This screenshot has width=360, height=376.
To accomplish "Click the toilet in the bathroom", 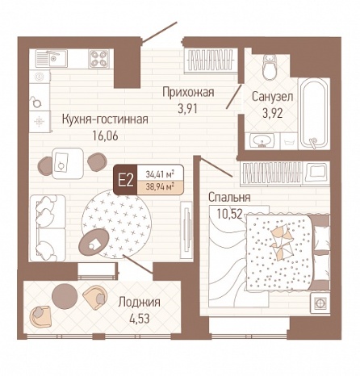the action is click(x=270, y=67).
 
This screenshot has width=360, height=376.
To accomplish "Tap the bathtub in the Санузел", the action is click(x=314, y=113).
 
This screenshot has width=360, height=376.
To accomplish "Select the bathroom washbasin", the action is click(x=262, y=140).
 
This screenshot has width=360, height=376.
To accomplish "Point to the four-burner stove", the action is click(x=98, y=59).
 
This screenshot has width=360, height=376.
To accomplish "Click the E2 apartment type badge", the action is click(x=126, y=180).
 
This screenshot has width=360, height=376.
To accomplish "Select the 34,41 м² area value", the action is click(x=160, y=173).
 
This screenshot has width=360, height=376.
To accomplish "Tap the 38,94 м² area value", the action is click(x=160, y=186).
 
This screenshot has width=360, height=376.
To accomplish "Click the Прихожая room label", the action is click(x=188, y=92).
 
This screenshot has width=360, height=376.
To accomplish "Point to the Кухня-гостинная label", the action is click(x=105, y=119).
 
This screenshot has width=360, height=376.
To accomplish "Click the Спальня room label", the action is click(x=229, y=198).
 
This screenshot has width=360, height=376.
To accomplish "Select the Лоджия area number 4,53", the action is click(x=139, y=319).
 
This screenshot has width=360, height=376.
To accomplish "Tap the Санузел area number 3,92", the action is click(x=272, y=113).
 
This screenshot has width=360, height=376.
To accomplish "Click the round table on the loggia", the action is click(x=65, y=296).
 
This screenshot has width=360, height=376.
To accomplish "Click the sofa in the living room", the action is click(x=48, y=228).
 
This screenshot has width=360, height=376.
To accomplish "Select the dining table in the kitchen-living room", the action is click(x=68, y=163).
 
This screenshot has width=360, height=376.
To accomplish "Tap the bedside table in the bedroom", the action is click(x=320, y=303).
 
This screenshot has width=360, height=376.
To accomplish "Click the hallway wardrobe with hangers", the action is click(x=211, y=61).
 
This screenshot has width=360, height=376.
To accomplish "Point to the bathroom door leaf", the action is click(x=233, y=96).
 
